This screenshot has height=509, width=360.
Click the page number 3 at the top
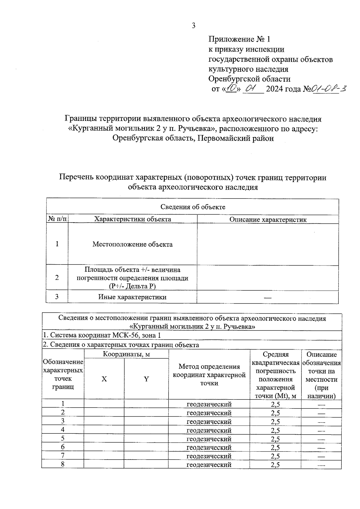(x=193, y=26)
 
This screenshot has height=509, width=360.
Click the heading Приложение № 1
(x=239, y=39)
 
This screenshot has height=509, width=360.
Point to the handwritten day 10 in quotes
(x=232, y=89)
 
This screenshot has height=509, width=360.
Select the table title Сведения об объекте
(x=193, y=207)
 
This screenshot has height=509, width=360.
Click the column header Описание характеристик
(x=268, y=220)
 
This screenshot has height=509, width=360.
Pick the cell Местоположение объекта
(x=132, y=244)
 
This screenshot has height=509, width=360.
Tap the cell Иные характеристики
(x=132, y=297)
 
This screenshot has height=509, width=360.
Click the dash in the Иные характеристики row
(x=268, y=298)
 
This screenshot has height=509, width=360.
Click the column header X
(x=104, y=379)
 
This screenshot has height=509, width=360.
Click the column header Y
(x=146, y=379)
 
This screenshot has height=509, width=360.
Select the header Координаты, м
(x=126, y=354)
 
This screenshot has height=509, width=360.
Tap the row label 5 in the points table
(x=63, y=438)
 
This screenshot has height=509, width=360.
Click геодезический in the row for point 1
(x=209, y=404)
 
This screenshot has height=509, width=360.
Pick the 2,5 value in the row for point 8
(x=275, y=465)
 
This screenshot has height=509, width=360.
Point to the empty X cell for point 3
(x=104, y=421)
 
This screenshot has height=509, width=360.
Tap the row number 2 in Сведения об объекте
(x=57, y=278)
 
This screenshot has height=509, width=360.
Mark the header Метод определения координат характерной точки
(x=209, y=375)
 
